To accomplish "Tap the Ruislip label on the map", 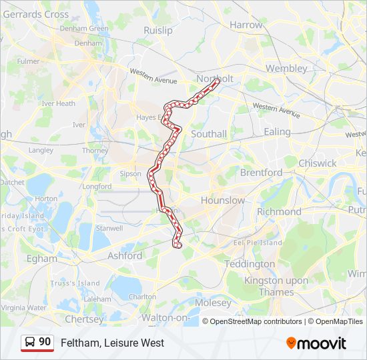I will (x=157, y=30).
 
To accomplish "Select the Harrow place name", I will (x=246, y=25).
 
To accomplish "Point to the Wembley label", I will (x=286, y=68).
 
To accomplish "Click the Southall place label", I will (x=209, y=134).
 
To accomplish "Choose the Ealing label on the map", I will (x=277, y=132).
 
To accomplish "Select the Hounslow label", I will (x=223, y=200).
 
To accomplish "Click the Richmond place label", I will (x=279, y=211).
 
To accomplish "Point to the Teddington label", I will (x=249, y=264).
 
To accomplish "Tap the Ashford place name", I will (x=125, y=255).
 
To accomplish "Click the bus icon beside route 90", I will (x=30, y=342).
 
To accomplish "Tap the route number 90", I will (x=45, y=342).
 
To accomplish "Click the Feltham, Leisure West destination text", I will (x=112, y=343).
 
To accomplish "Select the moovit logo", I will (x=316, y=343).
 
